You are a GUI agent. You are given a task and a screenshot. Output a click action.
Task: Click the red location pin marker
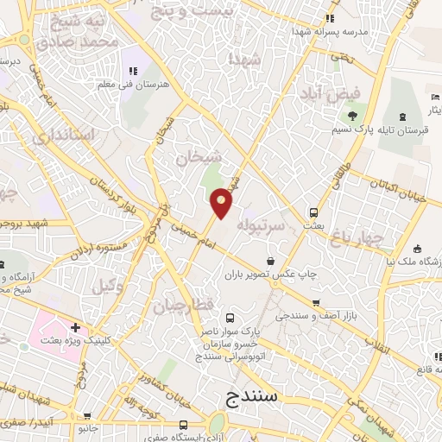pyautogui.click(x=222, y=203)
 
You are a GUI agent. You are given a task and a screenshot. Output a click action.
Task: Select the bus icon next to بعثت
pyautogui.click(x=313, y=212)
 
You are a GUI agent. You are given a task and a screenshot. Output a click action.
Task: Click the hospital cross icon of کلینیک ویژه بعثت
pyautogui.click(x=76, y=328)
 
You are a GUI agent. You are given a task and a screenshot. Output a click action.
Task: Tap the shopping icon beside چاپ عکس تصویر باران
pyautogui.click(x=271, y=261)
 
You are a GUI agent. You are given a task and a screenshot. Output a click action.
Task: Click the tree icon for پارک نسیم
pyautogui.click(x=352, y=117)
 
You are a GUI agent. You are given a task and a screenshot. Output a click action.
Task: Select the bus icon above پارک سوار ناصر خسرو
pyautogui.click(x=229, y=318)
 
